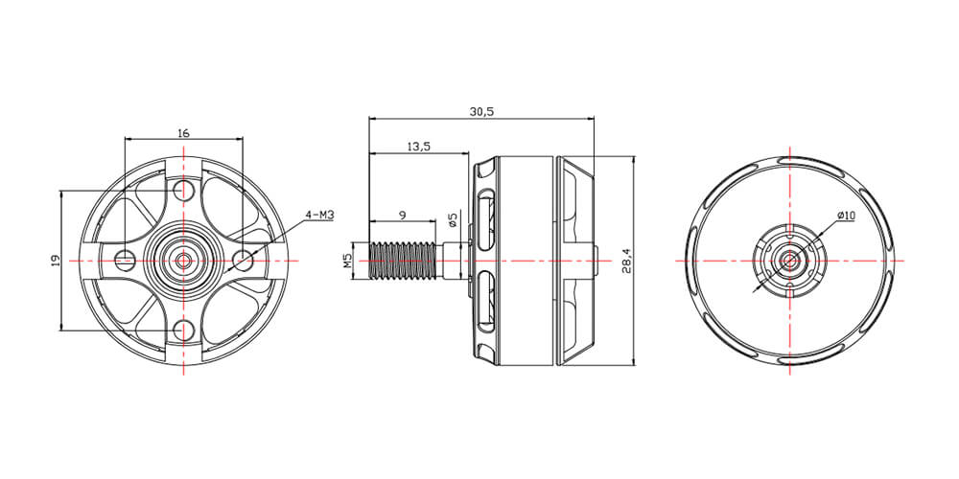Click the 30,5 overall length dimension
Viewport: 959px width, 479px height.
tap(481, 111)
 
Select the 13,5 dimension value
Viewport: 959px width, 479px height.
tap(419, 146)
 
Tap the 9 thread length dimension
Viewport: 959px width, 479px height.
tap(402, 215)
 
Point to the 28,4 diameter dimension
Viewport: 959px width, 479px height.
tap(626, 261)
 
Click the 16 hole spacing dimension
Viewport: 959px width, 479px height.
tap(183, 132)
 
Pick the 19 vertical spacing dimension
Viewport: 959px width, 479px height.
tap(55, 261)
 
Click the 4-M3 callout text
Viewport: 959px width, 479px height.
tap(320, 215)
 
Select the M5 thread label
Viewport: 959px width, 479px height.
tap(347, 261)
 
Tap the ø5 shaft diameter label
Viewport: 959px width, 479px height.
tap(453, 219)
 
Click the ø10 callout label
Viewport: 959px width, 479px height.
tap(846, 215)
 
